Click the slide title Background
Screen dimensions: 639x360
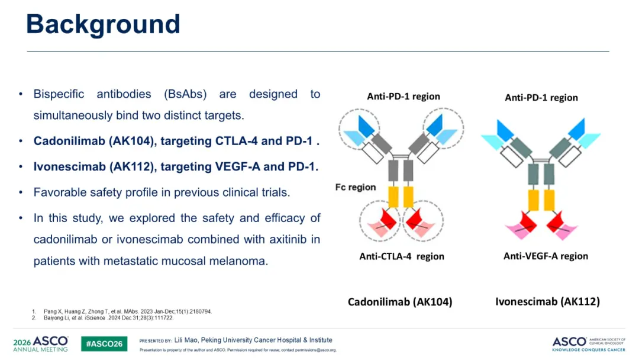[103, 24]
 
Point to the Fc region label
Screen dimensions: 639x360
[356, 187]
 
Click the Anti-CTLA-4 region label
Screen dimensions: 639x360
[401, 256]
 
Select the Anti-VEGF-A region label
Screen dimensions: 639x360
[546, 256]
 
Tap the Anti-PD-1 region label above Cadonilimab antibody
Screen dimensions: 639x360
[404, 97]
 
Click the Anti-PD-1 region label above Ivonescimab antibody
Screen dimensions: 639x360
[541, 98]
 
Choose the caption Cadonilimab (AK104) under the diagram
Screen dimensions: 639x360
[400, 302]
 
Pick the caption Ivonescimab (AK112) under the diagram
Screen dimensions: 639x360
[548, 302]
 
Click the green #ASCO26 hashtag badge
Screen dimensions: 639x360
[104, 343]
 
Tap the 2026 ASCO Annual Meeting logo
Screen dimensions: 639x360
[41, 343]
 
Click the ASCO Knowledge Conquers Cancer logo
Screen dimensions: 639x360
[589, 344]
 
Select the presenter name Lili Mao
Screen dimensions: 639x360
[186, 340]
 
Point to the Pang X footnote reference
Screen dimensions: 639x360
[128, 311]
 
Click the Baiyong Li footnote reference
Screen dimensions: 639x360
[108, 317]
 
